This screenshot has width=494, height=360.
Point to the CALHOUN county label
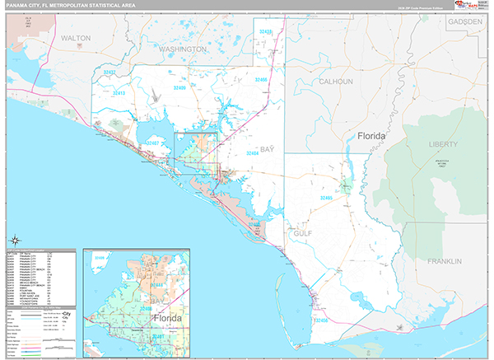pos(336,82)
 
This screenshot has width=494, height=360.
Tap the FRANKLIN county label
pos(446,261)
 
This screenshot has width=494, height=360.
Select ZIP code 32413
pos(119,94)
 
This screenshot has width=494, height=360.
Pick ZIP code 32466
pos(262,79)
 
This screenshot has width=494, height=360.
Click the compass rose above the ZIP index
pos(14,240)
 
